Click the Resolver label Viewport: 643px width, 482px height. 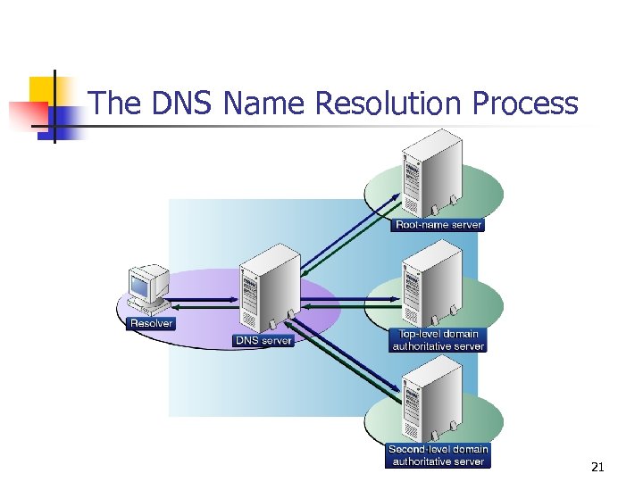click(152, 323)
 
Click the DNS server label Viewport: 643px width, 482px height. click(263, 341)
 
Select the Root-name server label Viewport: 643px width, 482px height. click(438, 225)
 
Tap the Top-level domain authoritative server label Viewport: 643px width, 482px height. click(438, 340)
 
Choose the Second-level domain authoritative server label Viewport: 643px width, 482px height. click(438, 455)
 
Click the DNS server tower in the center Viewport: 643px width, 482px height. click(264, 287)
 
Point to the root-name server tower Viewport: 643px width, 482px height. click(433, 174)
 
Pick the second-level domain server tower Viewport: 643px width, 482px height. click(433, 400)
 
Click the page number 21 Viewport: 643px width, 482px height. click(597, 467)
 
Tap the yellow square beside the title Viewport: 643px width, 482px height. click(43, 90)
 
